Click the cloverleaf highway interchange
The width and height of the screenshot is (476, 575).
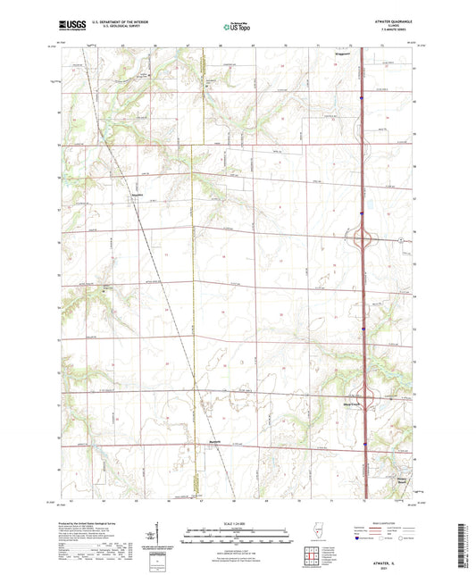[363, 239]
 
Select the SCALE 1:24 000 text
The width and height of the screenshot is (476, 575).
[238, 523]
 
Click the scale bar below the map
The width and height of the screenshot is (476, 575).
[238, 537]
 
